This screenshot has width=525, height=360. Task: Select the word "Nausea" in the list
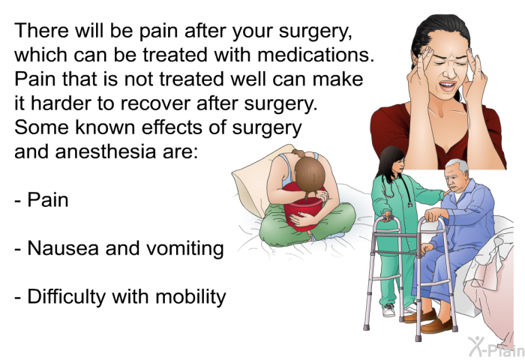[63, 248]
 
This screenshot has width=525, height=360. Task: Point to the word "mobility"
[190, 298]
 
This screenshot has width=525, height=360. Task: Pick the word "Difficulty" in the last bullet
[66, 298]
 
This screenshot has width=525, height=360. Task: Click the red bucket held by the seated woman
[303, 208]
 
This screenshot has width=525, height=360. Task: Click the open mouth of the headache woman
[447, 85]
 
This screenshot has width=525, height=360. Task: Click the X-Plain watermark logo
[496, 346]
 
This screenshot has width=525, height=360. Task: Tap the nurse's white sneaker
[388, 310]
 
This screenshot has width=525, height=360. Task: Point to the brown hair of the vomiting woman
[310, 175]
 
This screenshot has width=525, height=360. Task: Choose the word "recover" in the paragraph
[155, 103]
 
